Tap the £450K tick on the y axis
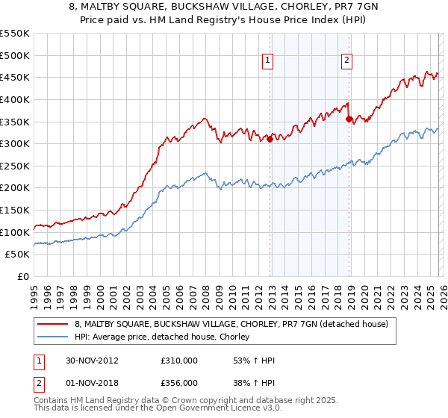coord(15,77)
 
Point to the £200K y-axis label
coord(15,188)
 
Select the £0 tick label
coord(22,277)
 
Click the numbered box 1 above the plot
coord(267,62)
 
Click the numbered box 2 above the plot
coord(347,62)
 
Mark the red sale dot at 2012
coord(270,139)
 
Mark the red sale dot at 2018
coord(349,119)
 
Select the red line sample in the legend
coord(52,325)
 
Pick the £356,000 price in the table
coord(179,382)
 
